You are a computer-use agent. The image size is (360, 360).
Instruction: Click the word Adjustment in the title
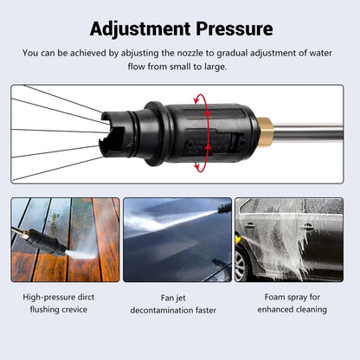pos(140,29)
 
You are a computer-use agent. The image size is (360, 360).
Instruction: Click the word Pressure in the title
pos(235,29)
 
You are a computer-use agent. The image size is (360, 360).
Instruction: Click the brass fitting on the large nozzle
pos(265,132)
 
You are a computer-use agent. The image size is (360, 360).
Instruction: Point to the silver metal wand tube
pos(308,132)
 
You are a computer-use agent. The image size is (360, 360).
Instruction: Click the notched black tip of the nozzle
pos(114,133)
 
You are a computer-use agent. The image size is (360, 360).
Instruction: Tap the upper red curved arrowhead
pos(196,100)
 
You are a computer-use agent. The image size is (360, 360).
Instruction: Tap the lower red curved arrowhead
pos(197,167)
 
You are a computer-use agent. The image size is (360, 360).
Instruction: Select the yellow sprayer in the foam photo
pos(238,239)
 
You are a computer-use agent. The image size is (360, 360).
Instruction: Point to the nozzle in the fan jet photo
pos(224,208)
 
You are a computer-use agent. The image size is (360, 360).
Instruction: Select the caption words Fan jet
pos(173,298)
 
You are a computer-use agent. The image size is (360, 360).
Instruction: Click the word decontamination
pos(162,311)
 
